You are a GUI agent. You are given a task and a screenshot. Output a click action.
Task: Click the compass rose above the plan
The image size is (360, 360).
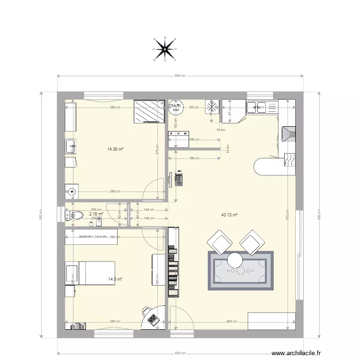pyautogui.click(x=164, y=48)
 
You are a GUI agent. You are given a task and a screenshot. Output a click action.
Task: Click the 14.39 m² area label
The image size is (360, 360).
pyautogui.click(x=115, y=149)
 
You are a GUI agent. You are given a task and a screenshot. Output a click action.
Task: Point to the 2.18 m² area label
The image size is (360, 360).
pyautogui.click(x=96, y=214)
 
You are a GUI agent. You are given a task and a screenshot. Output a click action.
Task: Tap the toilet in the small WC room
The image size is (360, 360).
pyautogui.click(x=76, y=215)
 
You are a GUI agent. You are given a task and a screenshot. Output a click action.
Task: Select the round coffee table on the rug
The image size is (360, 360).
pyautogui.click(x=236, y=260)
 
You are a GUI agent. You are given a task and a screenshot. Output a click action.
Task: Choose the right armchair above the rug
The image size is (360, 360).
pyautogui.click(x=252, y=242)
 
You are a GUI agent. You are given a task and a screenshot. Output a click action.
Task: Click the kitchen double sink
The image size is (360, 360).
pyautogui.click(x=258, y=108)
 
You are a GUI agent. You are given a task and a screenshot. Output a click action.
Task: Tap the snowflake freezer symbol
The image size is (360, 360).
pyautogui.click(x=212, y=107)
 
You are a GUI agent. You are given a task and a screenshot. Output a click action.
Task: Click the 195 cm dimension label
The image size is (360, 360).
pyautogui.click(x=194, y=108)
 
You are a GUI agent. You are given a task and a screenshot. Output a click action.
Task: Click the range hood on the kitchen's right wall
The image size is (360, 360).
pyautogui.click(x=289, y=134)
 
